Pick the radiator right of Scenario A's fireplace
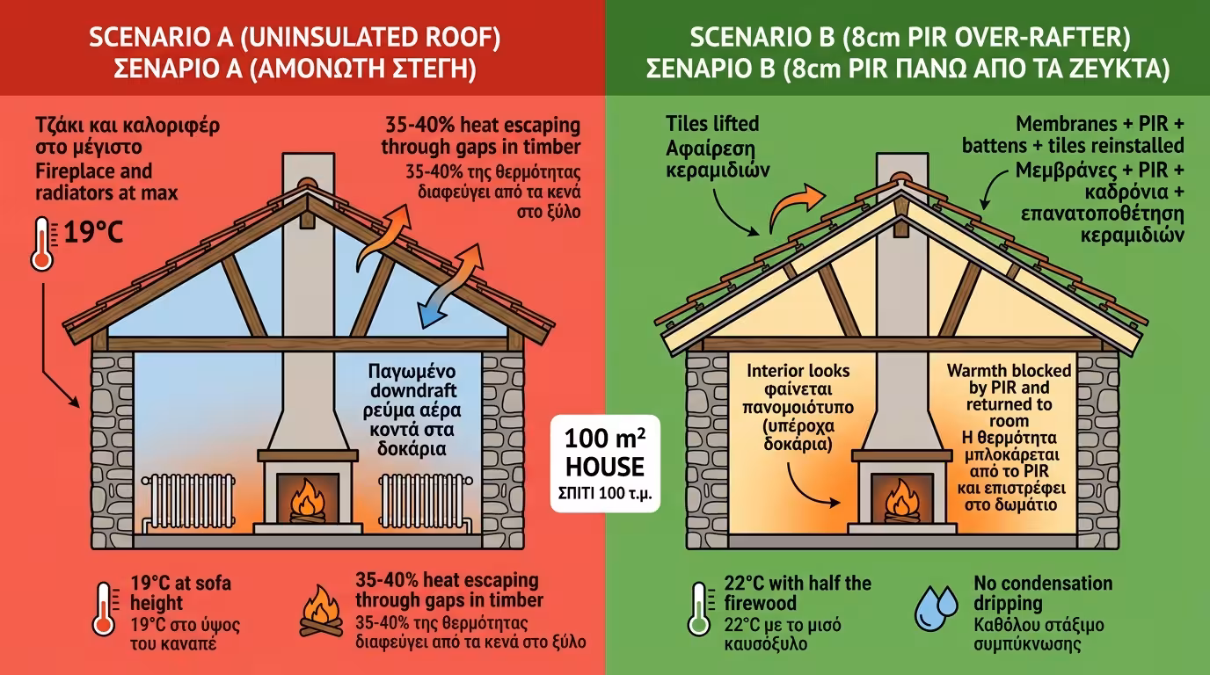pyautogui.click(x=416, y=504)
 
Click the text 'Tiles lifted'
pyautogui.click(x=711, y=123)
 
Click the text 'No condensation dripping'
pyautogui.click(x=1043, y=593)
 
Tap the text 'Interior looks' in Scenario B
pyautogui.click(x=799, y=370)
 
